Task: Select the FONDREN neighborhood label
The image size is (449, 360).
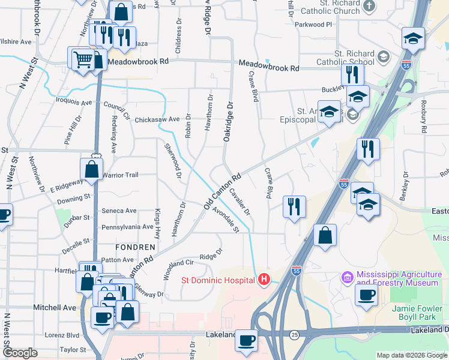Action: [136, 247]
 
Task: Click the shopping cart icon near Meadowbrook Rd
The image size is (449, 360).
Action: [82, 58]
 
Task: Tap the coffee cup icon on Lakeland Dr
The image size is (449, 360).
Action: [246, 340]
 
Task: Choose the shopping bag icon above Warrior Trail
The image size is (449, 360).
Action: [91, 170]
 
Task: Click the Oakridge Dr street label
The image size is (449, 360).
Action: [228, 122]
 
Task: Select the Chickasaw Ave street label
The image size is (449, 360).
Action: [158, 119]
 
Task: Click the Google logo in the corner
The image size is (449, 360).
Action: [20, 353]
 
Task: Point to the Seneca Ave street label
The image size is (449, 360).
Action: [119, 211]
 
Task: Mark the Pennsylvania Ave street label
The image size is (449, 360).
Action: [128, 227]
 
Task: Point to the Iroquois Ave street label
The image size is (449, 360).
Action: [74, 102]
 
